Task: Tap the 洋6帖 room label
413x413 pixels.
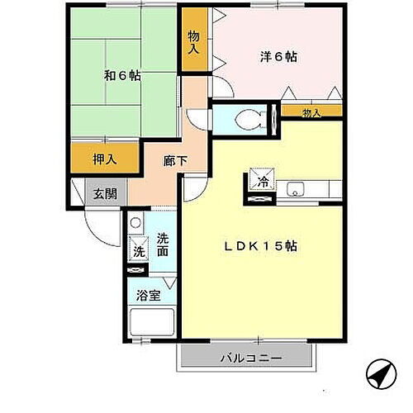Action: [x=278, y=57]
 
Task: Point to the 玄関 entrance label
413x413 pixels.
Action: [x=104, y=194]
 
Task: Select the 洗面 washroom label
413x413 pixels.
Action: [x=164, y=244]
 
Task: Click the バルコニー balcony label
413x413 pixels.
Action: [x=251, y=358]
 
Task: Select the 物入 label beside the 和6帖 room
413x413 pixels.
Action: [x=193, y=43]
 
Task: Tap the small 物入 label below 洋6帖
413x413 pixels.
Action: [x=311, y=112]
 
